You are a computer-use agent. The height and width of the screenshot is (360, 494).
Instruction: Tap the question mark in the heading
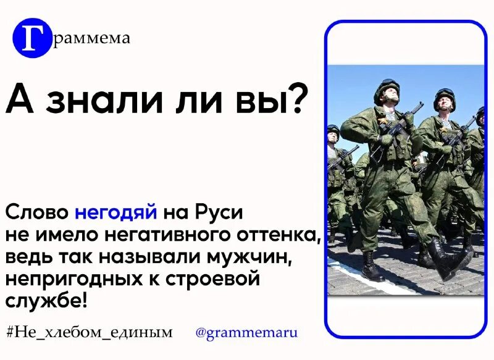point(296,99)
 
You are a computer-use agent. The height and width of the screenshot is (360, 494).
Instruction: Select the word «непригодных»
point(75,280)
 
